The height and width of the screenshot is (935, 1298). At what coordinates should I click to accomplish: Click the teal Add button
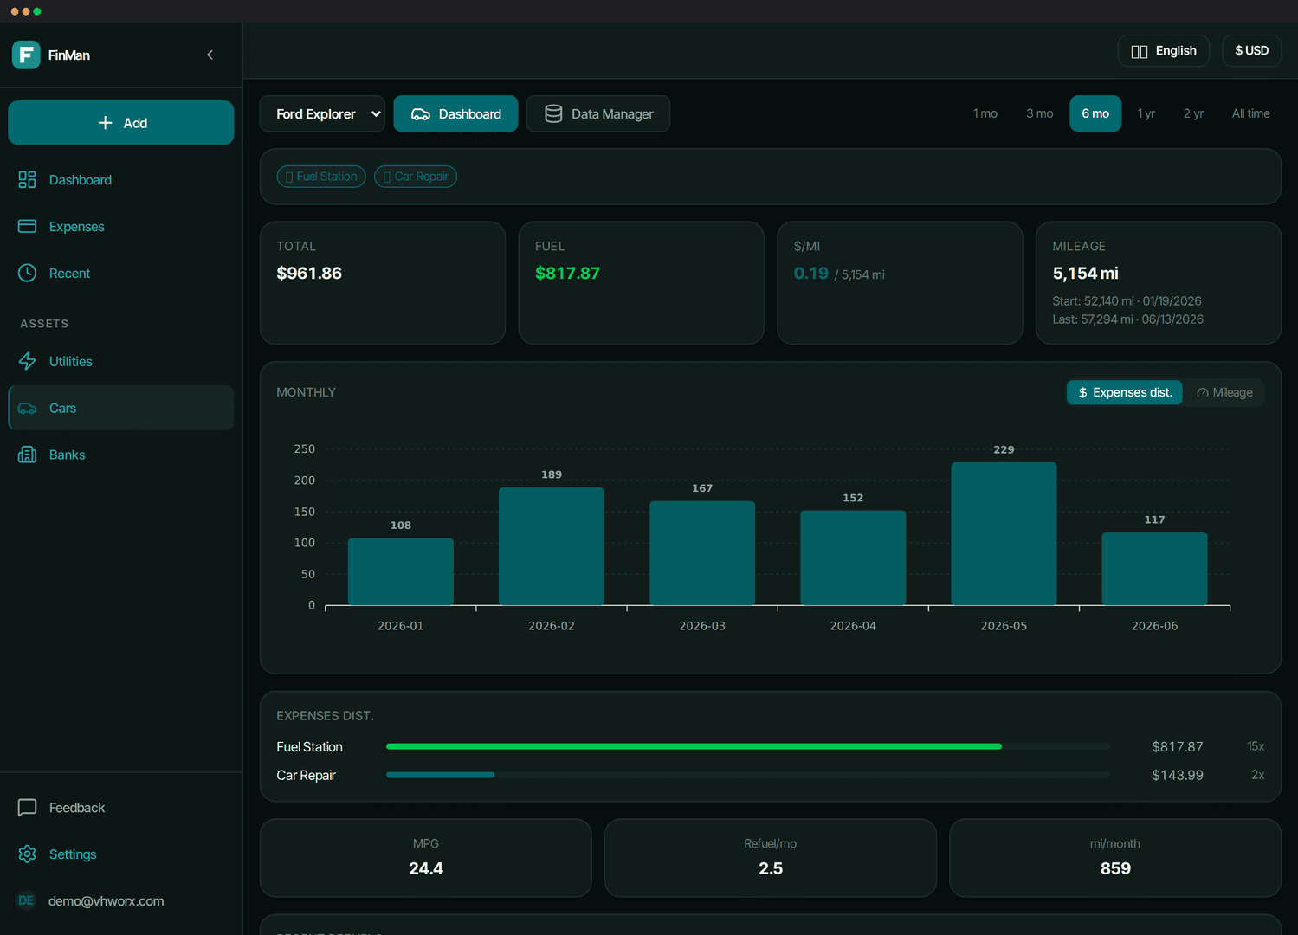(121, 123)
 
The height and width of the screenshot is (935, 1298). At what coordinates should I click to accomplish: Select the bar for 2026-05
(1004, 533)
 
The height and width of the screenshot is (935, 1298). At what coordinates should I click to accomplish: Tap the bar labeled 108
(400, 571)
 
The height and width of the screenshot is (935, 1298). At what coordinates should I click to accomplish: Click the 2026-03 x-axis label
(701, 626)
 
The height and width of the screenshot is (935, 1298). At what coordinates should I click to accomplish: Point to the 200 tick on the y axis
(304, 480)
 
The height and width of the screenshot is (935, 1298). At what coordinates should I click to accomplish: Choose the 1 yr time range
(1146, 113)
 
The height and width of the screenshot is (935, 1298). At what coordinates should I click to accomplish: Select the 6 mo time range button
(1095, 113)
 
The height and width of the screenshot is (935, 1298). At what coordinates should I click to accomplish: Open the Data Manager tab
(598, 113)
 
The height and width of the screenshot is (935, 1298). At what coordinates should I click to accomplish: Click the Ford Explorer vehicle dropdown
(322, 113)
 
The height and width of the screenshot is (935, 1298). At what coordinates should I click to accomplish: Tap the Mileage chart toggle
(1224, 393)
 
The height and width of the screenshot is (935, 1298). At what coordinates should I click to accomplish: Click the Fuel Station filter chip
(321, 177)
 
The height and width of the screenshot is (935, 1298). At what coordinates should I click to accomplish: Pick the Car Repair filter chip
(416, 177)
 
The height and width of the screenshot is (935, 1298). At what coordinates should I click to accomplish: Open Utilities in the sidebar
(70, 362)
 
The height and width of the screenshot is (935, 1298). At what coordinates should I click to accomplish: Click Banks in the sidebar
(67, 455)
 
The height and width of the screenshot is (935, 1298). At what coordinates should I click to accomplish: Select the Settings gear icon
(27, 854)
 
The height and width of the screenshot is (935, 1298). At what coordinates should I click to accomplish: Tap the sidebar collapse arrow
(210, 55)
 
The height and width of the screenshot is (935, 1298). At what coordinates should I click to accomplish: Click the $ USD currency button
(1251, 51)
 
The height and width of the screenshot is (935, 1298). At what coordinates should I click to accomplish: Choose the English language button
(1164, 51)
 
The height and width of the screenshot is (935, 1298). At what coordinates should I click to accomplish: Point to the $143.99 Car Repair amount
(1177, 775)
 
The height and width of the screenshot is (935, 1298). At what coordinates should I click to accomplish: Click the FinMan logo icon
(26, 55)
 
